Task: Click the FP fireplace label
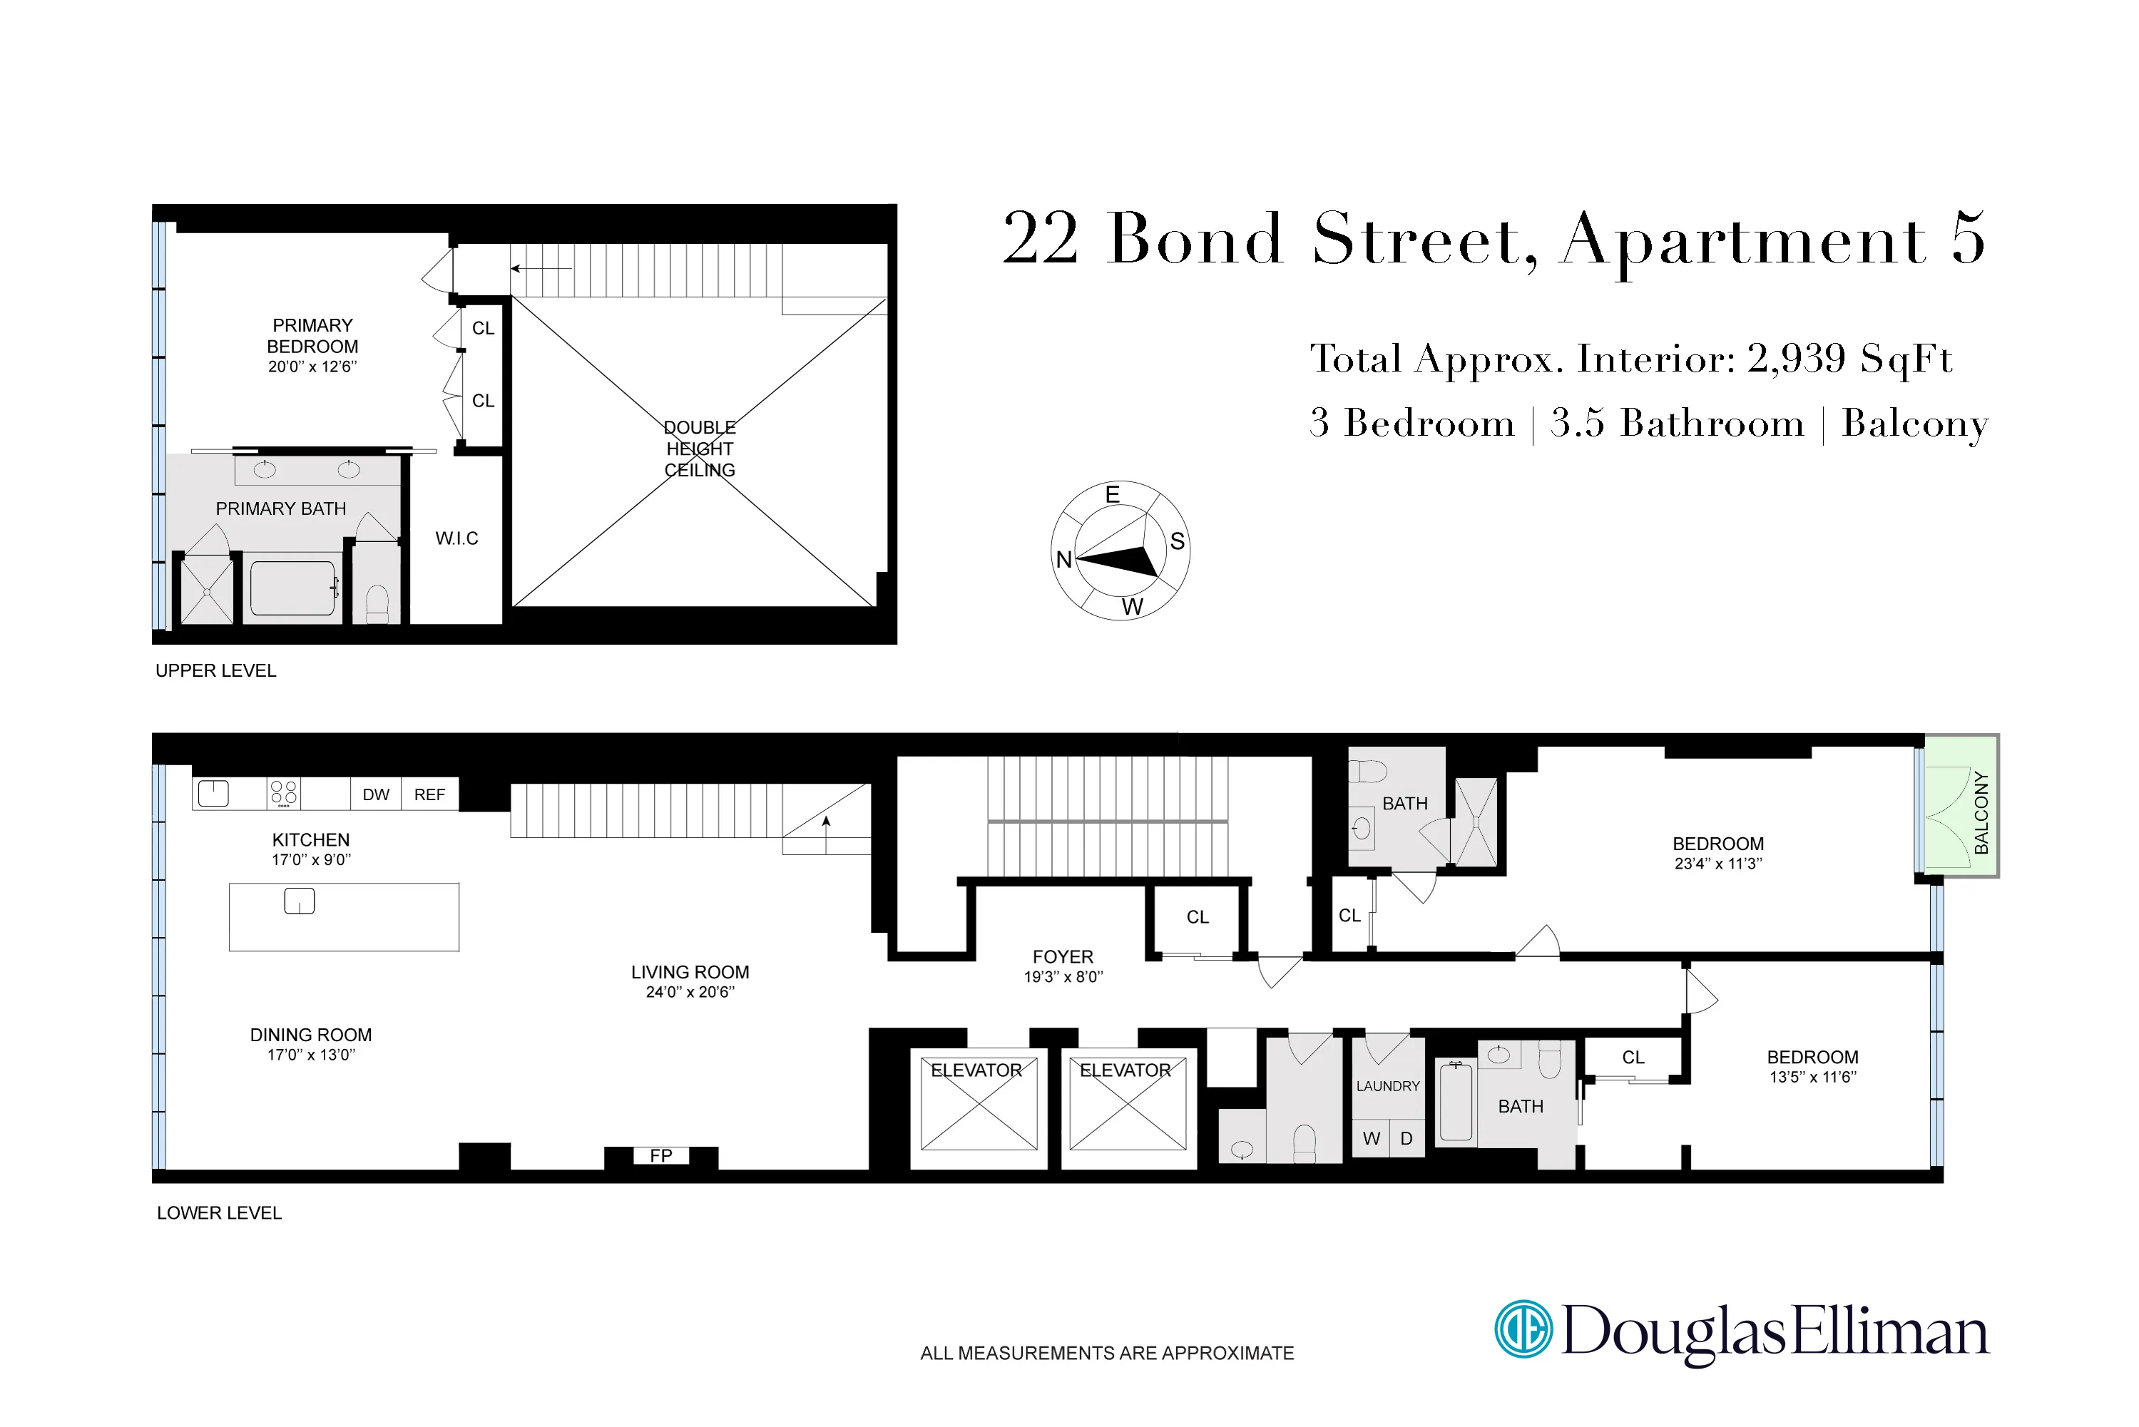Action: [x=660, y=1156]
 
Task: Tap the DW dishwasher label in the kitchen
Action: [x=375, y=794]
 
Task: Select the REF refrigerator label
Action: [x=429, y=794]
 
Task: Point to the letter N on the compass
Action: [x=1063, y=559]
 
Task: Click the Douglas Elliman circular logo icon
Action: [x=1523, y=1329]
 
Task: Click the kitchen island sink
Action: [x=300, y=901]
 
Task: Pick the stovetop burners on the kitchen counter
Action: [x=284, y=793]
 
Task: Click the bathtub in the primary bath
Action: [x=293, y=589]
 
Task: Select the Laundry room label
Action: [x=1387, y=1085]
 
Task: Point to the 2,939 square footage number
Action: [x=1796, y=358]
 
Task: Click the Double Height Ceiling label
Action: [x=699, y=449]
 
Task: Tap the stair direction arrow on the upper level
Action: [x=541, y=268]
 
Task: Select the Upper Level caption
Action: [x=215, y=671]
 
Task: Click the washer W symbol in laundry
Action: [x=1371, y=1138]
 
